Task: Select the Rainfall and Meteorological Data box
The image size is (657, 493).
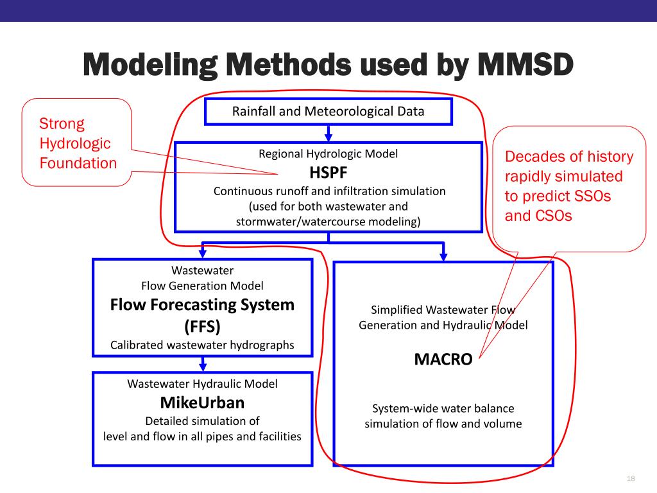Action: coord(328,111)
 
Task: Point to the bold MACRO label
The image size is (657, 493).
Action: coord(443,359)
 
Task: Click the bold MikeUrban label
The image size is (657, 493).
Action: coord(202,402)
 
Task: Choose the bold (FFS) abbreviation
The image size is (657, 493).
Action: coord(202,326)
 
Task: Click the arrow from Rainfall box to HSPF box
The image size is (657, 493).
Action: coord(328,134)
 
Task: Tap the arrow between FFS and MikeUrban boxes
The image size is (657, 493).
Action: coord(203,365)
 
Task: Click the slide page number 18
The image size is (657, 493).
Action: coord(629,479)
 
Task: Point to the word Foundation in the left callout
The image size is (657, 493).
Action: coord(78,163)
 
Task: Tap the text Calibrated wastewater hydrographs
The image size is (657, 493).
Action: coord(202,345)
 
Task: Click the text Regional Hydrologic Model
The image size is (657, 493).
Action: coord(328,153)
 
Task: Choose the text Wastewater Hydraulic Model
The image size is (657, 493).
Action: coord(202,384)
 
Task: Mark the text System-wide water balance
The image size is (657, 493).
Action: coord(443,408)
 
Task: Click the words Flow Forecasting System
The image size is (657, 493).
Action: coord(202,304)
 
